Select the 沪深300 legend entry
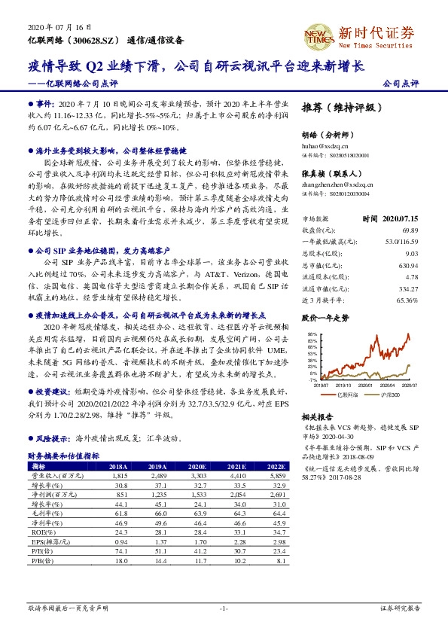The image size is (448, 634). coord(389,395)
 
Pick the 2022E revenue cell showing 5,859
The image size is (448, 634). coord(277,477)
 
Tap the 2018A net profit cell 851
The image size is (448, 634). coord(122,495)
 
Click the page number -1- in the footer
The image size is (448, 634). coord(224,607)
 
